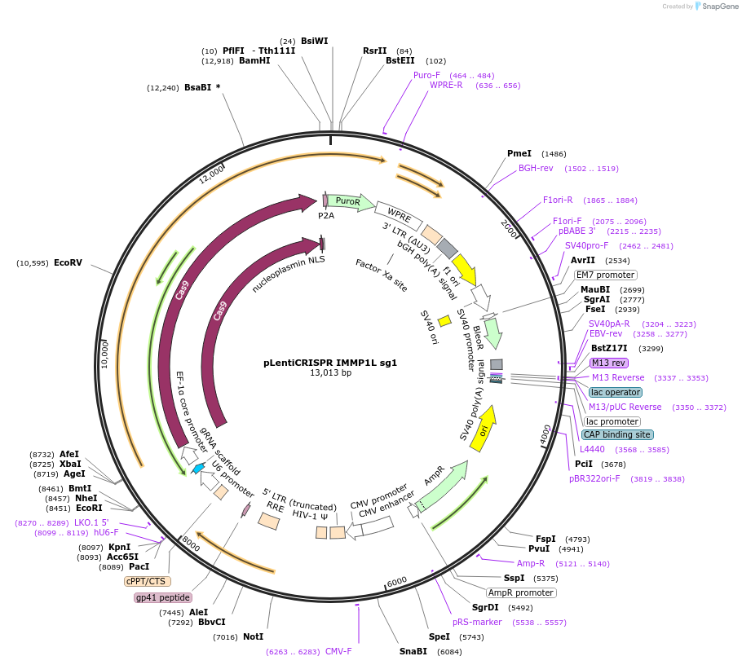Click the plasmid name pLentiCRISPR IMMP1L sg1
pyautogui.click(x=330, y=363)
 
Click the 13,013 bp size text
pyautogui.click(x=330, y=373)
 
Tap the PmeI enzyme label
pyautogui.click(x=519, y=153)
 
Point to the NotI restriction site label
pyautogui.click(x=253, y=636)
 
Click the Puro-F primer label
pyautogui.click(x=426, y=75)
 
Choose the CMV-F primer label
pyautogui.click(x=338, y=651)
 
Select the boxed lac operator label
pyautogui.click(x=616, y=392)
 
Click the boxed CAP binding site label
pyautogui.click(x=617, y=434)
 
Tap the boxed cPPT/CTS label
pyautogui.click(x=148, y=582)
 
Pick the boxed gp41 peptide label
pyautogui.click(x=162, y=597)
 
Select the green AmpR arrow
pyautogui.click(x=443, y=486)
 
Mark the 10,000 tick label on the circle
pyautogui.click(x=104, y=355)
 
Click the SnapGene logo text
pyautogui.click(x=719, y=6)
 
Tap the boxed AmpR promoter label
pyautogui.click(x=521, y=592)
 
